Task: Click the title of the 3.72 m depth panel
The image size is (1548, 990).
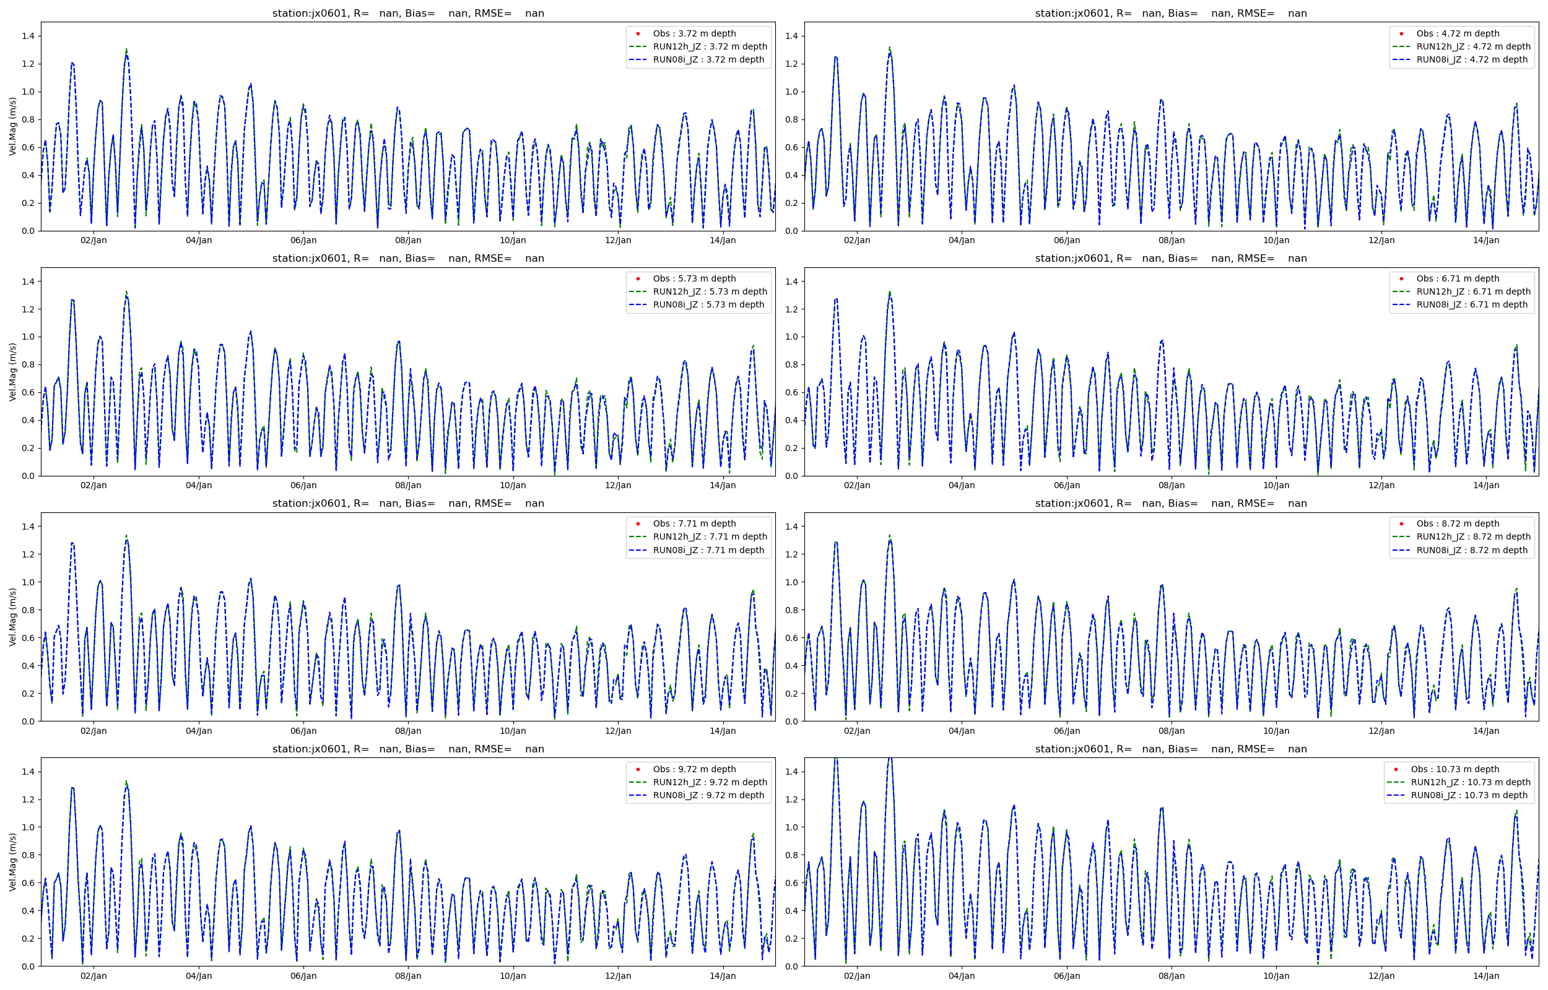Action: coord(407,13)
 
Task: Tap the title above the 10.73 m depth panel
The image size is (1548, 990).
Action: coord(1170,749)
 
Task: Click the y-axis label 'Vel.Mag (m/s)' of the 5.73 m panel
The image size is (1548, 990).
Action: coord(12,372)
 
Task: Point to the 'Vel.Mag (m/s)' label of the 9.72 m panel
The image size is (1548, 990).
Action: coord(12,862)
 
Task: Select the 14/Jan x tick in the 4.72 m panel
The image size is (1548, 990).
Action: coord(1485,241)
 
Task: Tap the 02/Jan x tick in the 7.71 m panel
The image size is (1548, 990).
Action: coord(93,731)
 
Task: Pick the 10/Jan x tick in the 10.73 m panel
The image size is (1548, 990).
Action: coord(1276,976)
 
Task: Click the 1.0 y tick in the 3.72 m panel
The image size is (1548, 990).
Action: coord(28,92)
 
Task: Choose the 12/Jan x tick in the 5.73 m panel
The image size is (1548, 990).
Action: coord(617,485)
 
